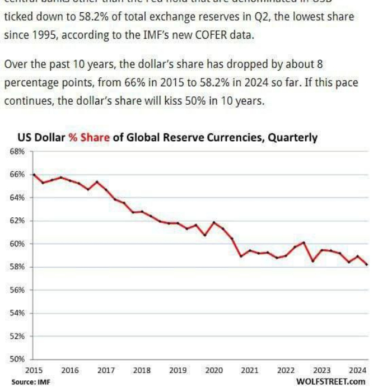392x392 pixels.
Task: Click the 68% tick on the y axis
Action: [17, 151]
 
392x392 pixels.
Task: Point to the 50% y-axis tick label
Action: [17, 359]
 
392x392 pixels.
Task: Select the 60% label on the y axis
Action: [17, 244]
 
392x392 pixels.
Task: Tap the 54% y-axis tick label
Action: [17, 313]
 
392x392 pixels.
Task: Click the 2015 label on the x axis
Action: [34, 370]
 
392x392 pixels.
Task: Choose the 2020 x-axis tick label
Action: [214, 370]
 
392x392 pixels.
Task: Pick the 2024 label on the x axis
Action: [358, 370]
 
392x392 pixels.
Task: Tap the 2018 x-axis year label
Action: [142, 370]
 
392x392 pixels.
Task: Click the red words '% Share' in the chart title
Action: [89, 137]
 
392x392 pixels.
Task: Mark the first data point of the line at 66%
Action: [34, 175]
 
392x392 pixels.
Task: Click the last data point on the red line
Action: [367, 265]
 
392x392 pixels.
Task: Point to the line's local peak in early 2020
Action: [213, 222]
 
